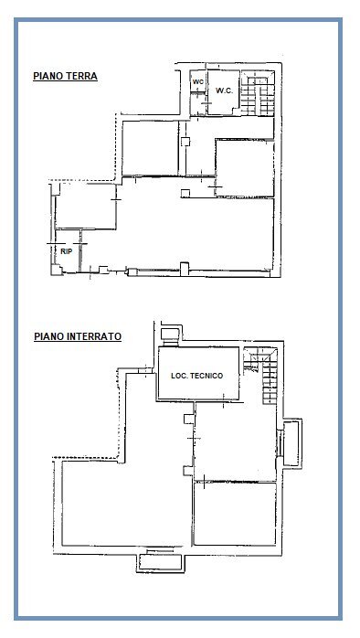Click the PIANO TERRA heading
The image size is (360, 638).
click(65, 77)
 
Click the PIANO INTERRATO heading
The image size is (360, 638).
click(78, 336)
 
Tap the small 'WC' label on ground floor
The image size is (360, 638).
click(196, 83)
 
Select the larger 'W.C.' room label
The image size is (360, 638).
click(225, 90)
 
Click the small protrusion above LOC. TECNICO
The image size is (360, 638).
click(169, 334)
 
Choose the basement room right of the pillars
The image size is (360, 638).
click(235, 443)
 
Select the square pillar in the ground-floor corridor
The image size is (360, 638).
click(186, 143)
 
